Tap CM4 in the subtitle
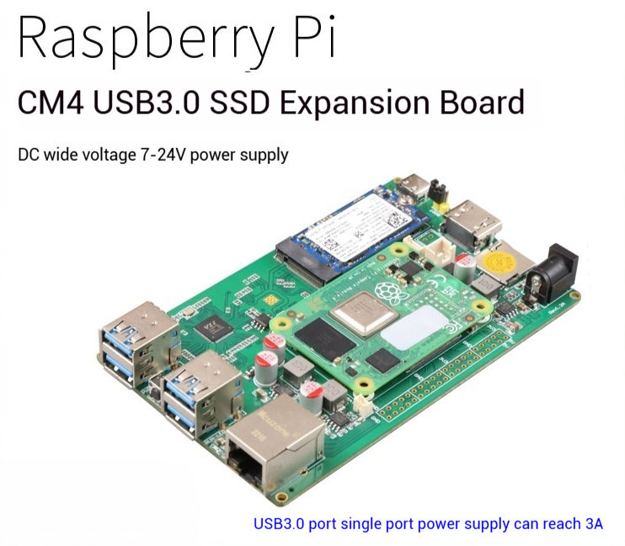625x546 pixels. [x=53, y=104]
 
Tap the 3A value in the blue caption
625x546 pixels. [x=593, y=523]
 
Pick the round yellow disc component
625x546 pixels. [x=504, y=252]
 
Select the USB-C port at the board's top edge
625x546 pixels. [x=417, y=182]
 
